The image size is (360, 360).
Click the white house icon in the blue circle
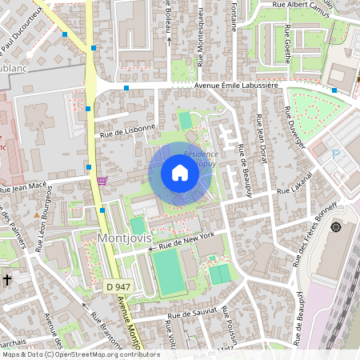click(x=180, y=173)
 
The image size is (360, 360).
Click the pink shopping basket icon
click(x=102, y=181)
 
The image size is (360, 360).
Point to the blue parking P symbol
click(x=336, y=153)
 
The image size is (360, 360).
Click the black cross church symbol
click(x=6, y=280)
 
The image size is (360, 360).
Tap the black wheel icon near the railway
click(x=335, y=227)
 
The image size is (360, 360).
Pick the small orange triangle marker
click(x=37, y=215)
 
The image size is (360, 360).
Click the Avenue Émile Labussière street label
click(x=234, y=85)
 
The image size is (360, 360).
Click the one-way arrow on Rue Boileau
click(x=169, y=39)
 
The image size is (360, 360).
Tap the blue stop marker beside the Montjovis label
click(x=102, y=210)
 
